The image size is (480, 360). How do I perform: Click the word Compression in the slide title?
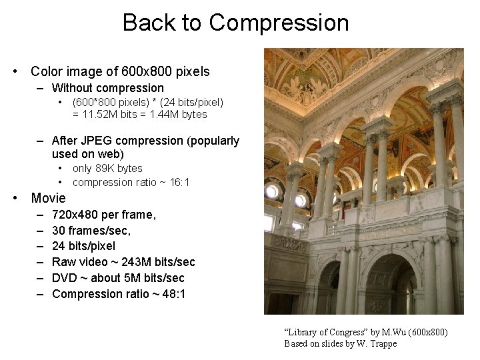tap(279, 23)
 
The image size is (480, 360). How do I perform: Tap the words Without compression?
tap(107, 88)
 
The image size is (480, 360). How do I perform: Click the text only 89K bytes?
tap(107, 169)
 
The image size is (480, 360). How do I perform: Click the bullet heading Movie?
tap(48, 198)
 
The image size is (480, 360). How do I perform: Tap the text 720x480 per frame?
tap(104, 215)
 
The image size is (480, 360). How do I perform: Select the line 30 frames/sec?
tap(91, 230)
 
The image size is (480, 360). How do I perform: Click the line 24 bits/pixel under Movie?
tap(83, 246)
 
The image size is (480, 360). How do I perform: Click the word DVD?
tap(64, 278)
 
